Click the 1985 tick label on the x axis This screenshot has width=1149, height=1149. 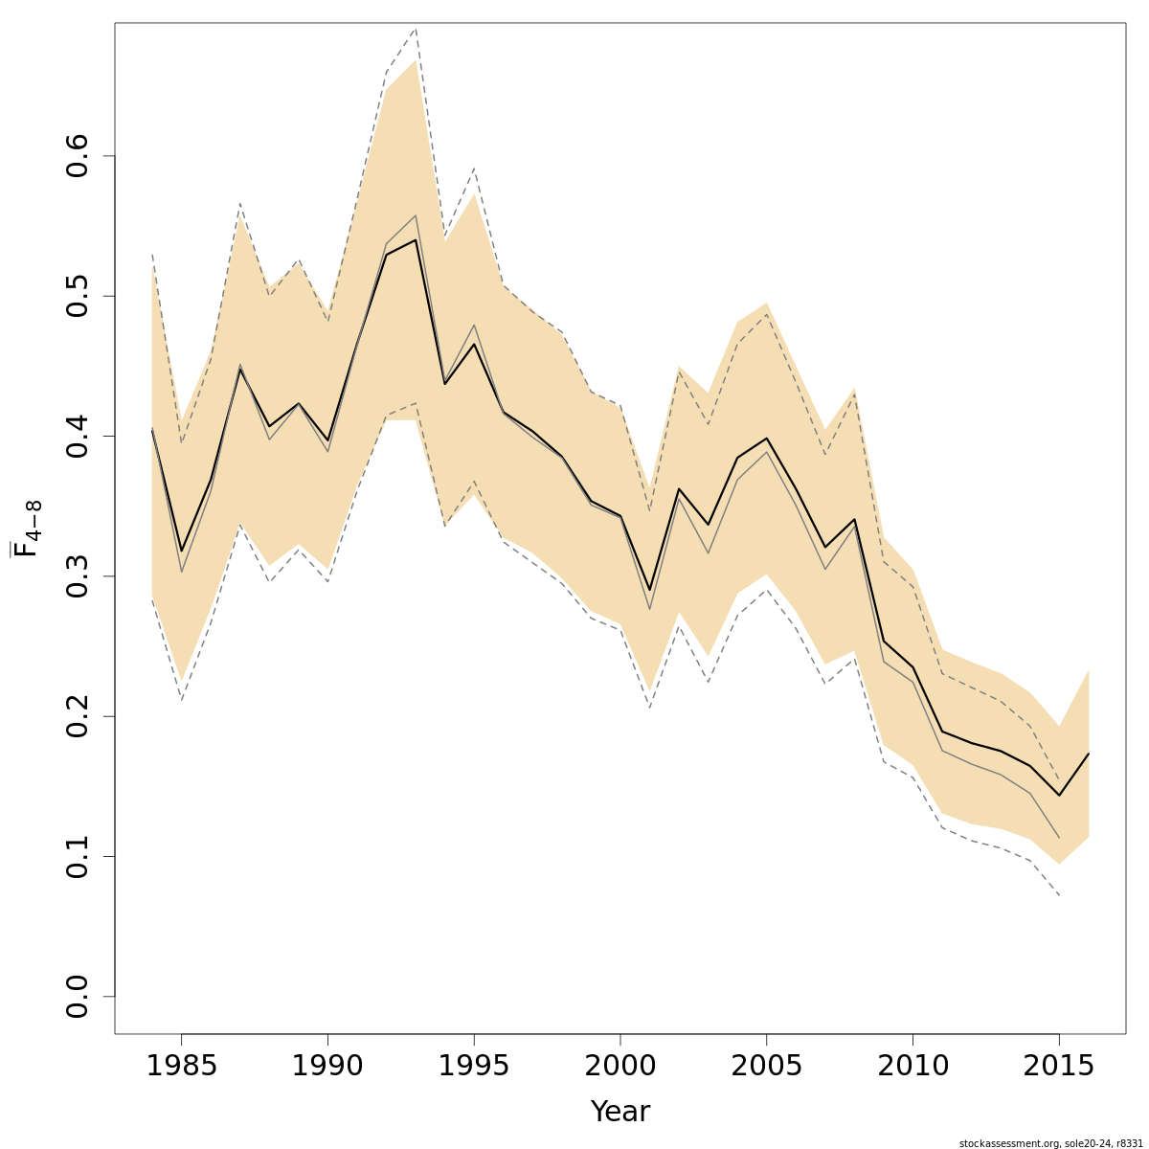click(181, 1067)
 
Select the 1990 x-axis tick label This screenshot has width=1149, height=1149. click(327, 1067)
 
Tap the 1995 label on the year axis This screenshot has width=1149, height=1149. click(474, 1067)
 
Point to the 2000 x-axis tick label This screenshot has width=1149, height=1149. click(620, 1067)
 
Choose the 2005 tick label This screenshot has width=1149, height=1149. click(766, 1067)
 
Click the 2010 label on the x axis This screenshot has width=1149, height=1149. click(912, 1067)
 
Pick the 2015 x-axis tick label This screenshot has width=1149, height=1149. click(1059, 1067)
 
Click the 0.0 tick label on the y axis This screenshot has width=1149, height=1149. click(79, 996)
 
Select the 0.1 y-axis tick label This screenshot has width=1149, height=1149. click(79, 856)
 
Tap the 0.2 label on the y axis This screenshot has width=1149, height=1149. click(79, 716)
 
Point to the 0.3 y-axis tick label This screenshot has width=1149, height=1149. click(79, 576)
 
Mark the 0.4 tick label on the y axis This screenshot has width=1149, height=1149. click(79, 436)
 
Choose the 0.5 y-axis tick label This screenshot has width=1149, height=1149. click(79, 296)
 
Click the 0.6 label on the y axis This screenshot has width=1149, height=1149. click(79, 156)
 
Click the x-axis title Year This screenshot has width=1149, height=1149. click(620, 1112)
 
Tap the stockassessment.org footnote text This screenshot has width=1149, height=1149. click(1050, 1142)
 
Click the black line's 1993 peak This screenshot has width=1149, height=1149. click(416, 239)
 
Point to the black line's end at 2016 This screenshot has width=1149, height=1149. click(1089, 754)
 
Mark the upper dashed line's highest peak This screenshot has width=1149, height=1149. click(416, 30)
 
